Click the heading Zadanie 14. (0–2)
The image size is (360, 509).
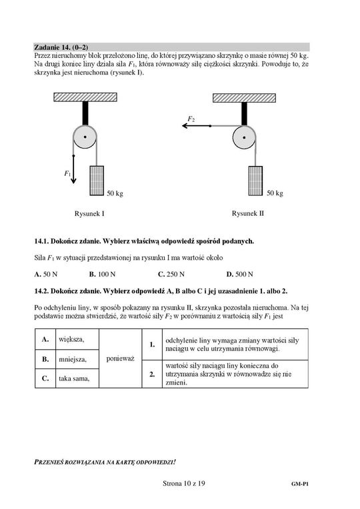(61, 47)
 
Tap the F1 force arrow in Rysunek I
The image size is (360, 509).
(74, 169)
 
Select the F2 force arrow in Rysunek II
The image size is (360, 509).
(196, 126)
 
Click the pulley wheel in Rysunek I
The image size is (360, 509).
(85, 137)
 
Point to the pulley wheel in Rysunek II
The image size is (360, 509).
(244, 137)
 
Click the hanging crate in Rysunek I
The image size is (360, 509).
(97, 181)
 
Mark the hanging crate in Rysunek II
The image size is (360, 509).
(256, 181)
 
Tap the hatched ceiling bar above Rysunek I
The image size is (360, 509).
(85, 97)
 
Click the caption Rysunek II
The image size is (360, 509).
(248, 213)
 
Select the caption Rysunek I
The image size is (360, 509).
(89, 214)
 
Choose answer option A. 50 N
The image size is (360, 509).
(46, 274)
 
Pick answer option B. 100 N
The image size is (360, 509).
(103, 274)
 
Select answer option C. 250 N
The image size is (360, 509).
(171, 274)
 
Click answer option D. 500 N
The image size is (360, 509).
(240, 274)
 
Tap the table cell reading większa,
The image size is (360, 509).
(77, 339)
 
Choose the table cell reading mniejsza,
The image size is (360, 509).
(77, 359)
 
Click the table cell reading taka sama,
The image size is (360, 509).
(77, 378)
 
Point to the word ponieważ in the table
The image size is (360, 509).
(120, 358)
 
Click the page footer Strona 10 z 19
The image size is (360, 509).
(184, 484)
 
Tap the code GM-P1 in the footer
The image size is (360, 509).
(300, 484)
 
